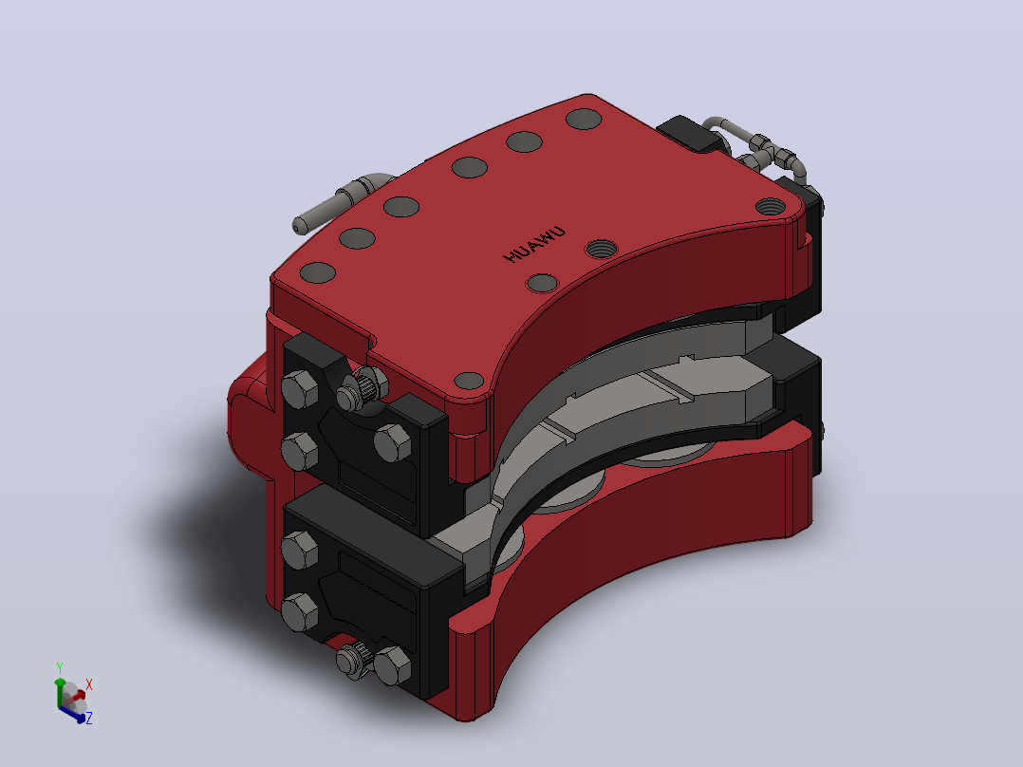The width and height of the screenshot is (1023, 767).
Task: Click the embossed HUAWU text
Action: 534,245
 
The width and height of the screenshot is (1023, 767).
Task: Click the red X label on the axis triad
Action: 89,684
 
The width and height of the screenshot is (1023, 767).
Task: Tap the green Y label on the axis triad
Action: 60,667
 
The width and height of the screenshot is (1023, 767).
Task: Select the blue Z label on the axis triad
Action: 89,718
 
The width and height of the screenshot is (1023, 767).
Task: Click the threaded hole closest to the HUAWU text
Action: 601,249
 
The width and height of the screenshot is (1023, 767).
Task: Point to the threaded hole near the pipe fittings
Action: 771,207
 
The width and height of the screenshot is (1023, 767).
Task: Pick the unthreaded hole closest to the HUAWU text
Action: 542,284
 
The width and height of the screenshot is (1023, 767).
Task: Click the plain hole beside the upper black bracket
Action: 469,381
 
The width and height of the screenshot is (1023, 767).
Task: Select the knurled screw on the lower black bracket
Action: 353,660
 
